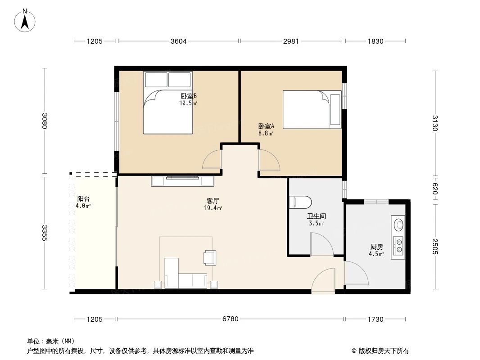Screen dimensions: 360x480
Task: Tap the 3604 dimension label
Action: pyautogui.click(x=178, y=41)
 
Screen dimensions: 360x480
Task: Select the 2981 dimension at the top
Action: pyautogui.click(x=291, y=41)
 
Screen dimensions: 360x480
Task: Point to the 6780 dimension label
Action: pyautogui.click(x=230, y=319)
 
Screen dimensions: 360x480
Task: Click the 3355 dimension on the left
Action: pyautogui.click(x=45, y=233)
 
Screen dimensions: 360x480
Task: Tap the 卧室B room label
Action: pyautogui.click(x=189, y=96)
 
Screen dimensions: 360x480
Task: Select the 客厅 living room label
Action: pyautogui.click(x=213, y=201)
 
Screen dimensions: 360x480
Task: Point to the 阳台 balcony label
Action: pyautogui.click(x=83, y=198)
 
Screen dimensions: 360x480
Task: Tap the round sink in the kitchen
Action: pyautogui.click(x=398, y=223)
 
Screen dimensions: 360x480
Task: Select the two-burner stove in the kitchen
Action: pyautogui.click(x=398, y=245)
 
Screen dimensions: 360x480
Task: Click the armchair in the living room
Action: pyautogui.click(x=210, y=257)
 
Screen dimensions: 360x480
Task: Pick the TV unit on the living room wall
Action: pyautogui.click(x=182, y=180)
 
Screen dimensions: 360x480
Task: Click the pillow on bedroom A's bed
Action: pyautogui.click(x=335, y=110)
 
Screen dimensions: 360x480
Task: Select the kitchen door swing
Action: pyautogui.click(x=356, y=274)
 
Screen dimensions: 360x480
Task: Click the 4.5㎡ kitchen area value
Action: pyautogui.click(x=376, y=254)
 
